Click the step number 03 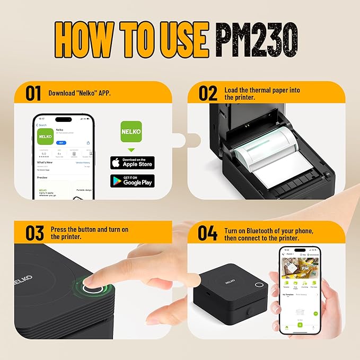(x=33, y=233)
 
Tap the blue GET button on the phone (x=62, y=143)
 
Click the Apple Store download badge (x=132, y=163)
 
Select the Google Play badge (x=132, y=181)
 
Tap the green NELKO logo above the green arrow (x=131, y=131)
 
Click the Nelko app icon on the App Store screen (x=44, y=136)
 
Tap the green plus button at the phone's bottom (x=300, y=325)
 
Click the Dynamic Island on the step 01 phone (x=64, y=120)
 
